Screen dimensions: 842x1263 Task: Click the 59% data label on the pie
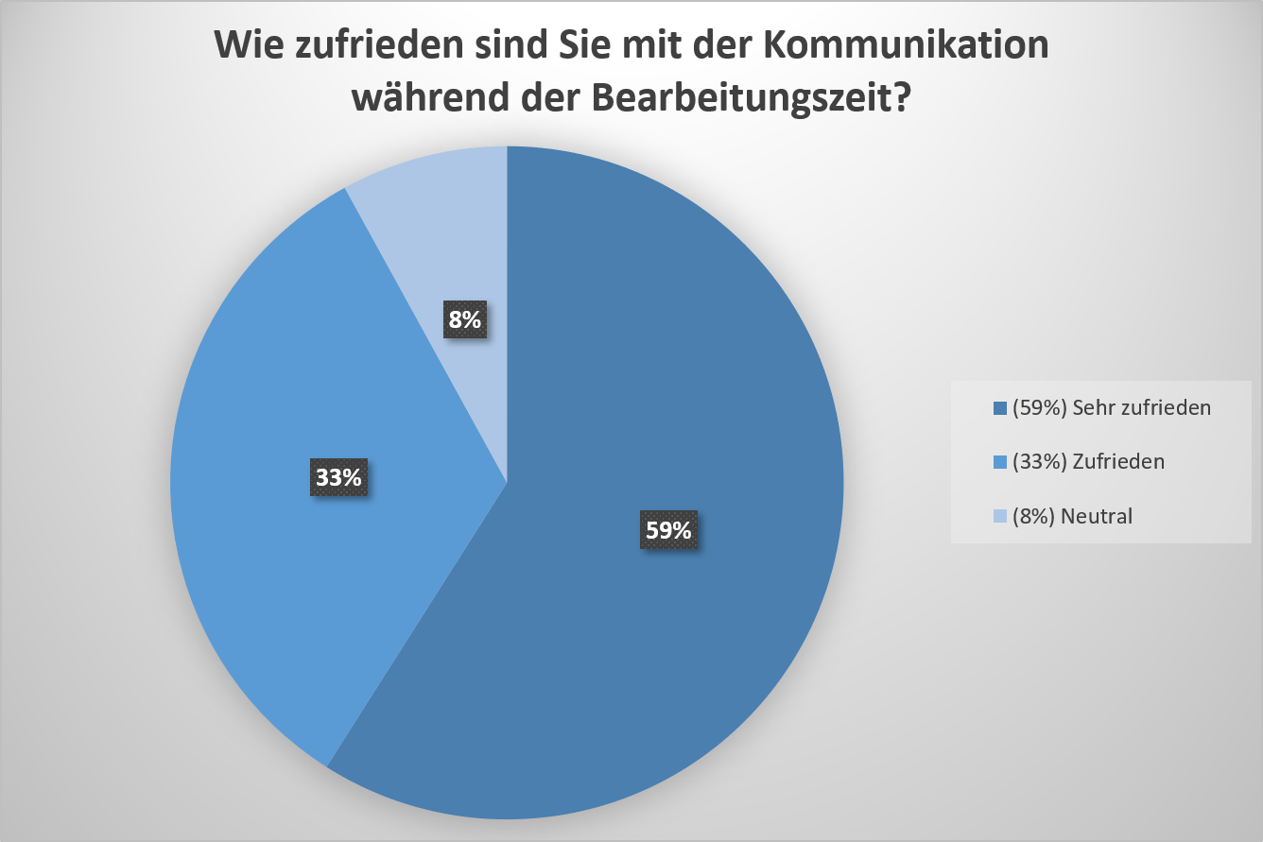point(668,530)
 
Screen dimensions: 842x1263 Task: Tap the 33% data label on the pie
point(338,478)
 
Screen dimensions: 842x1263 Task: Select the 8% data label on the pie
point(464,320)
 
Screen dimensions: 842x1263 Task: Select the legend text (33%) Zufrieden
point(1088,462)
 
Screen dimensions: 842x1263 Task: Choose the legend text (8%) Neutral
point(1072,516)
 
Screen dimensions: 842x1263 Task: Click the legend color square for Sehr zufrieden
point(1000,409)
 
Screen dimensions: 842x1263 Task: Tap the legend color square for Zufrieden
point(1000,463)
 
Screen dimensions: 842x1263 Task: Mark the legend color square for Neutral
point(1000,517)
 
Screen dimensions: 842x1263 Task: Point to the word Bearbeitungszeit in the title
point(745,97)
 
